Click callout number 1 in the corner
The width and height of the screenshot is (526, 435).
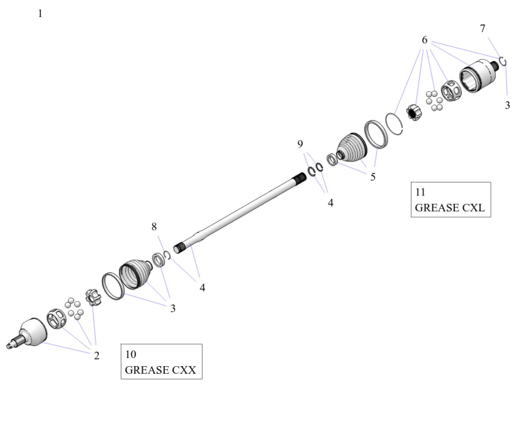pos(40,13)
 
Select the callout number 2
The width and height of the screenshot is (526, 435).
pos(96,355)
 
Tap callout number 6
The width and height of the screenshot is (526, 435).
pos(424,40)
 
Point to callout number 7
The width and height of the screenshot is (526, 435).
pos(482,28)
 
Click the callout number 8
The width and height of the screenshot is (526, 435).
pos(154,226)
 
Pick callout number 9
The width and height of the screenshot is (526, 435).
pos(300,144)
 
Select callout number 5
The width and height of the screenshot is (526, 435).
pos(373,177)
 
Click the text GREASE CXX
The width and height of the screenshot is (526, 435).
pos(160,370)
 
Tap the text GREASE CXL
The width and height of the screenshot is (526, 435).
pos(450,208)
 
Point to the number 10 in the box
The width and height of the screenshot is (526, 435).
pos(131,354)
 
